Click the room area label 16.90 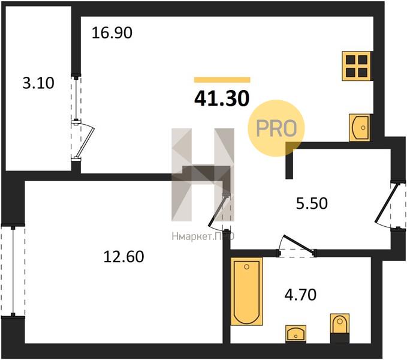[x=112, y=33]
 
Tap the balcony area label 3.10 [x=38, y=83]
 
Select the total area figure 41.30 [x=222, y=99]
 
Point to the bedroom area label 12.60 [x=123, y=256]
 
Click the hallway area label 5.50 [x=312, y=203]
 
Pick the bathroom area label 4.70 [x=300, y=295]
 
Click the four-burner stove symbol [x=357, y=66]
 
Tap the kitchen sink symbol [x=360, y=128]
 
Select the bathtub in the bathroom [x=246, y=291]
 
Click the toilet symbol [x=340, y=328]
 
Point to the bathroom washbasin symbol [x=296, y=333]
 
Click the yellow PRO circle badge [x=276, y=128]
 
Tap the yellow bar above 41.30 [x=222, y=80]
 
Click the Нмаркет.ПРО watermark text [x=203, y=236]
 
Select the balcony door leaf [x=85, y=142]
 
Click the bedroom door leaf [x=218, y=210]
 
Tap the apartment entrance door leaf [x=387, y=203]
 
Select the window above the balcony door [x=76, y=99]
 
